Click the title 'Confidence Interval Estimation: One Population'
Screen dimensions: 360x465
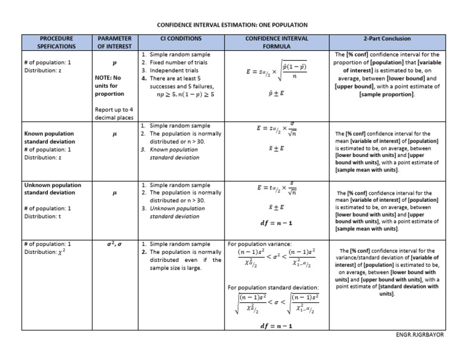pos(232,25)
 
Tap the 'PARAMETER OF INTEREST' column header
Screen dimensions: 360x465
pos(114,42)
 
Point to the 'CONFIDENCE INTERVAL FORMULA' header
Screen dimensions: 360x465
pos(277,42)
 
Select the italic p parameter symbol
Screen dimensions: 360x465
pos(114,62)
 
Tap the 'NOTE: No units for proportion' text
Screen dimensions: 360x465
pos(110,85)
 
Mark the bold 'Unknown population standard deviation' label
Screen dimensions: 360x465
pos(50,188)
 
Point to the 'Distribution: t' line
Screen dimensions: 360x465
pos(44,216)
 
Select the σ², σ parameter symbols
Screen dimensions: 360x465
pos(114,244)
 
